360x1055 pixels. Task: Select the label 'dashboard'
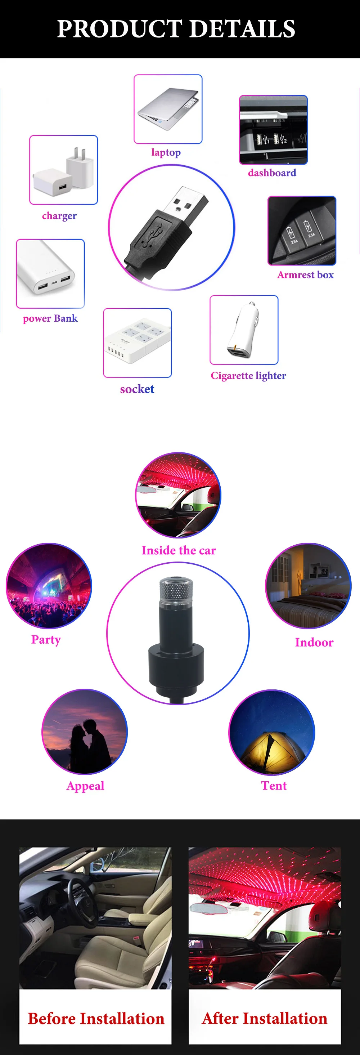pyautogui.click(x=272, y=173)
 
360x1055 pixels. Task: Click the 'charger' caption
pyautogui.click(x=59, y=216)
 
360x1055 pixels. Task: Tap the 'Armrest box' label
pyautogui.click(x=305, y=274)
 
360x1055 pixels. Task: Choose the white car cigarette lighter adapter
pyautogui.click(x=245, y=330)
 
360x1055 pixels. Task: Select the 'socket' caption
pyautogui.click(x=137, y=389)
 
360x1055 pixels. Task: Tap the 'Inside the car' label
pyautogui.click(x=179, y=550)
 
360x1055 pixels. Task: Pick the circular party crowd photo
pyautogui.click(x=49, y=586)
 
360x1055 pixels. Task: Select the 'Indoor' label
pyautogui.click(x=314, y=642)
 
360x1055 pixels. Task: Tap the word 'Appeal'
pyautogui.click(x=85, y=786)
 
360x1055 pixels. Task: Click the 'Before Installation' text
pyautogui.click(x=96, y=1019)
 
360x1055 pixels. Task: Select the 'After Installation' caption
pyautogui.click(x=265, y=1018)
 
